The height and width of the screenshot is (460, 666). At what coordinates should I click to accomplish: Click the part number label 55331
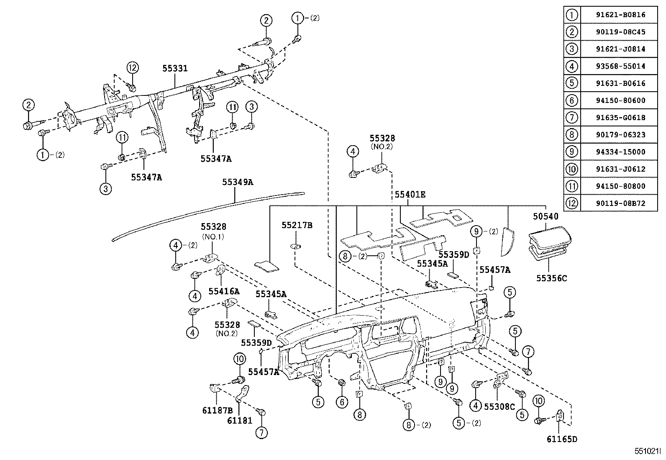(175, 69)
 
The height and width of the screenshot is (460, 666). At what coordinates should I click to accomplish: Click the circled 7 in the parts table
(571, 118)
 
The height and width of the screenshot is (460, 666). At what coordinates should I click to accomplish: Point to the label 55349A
(237, 182)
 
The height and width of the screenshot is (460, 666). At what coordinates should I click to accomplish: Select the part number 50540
(546, 217)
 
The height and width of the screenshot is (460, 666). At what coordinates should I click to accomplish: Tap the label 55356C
(551, 278)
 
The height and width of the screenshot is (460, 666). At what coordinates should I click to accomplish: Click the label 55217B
(297, 226)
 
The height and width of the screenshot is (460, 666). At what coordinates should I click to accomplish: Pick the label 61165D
(561, 439)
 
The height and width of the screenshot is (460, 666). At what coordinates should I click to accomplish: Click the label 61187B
(217, 411)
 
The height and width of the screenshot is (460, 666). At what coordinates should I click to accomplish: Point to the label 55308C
(499, 406)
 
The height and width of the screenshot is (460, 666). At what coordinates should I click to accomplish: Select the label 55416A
(224, 291)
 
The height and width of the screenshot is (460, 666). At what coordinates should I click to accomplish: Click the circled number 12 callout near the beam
(133, 68)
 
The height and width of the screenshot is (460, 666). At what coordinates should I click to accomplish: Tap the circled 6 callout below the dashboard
(342, 402)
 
